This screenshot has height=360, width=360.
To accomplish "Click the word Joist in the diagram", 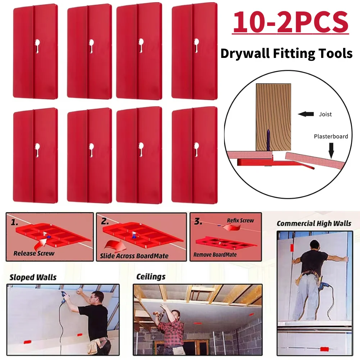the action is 325,114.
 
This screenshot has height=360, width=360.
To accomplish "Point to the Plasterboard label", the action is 331,136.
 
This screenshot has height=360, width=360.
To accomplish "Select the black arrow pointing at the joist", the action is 306,114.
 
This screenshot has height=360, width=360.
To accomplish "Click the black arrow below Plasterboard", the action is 331,151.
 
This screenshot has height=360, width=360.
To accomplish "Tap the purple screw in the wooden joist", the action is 268,140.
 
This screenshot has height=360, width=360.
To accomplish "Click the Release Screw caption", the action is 34,253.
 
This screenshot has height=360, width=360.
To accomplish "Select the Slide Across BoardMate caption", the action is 134,256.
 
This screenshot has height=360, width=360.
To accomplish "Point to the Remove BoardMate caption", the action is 215,255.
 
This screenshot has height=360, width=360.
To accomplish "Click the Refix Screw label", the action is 240,220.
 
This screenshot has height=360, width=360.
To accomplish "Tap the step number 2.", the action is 105,221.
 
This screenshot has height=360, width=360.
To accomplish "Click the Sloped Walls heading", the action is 33,277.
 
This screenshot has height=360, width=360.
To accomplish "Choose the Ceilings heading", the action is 151,277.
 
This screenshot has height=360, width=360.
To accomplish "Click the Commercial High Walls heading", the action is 314,223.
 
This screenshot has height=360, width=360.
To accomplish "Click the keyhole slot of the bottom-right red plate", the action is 196,149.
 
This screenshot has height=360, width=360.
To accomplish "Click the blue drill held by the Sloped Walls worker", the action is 64,296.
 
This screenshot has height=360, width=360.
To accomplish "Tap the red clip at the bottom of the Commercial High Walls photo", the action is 324,350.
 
